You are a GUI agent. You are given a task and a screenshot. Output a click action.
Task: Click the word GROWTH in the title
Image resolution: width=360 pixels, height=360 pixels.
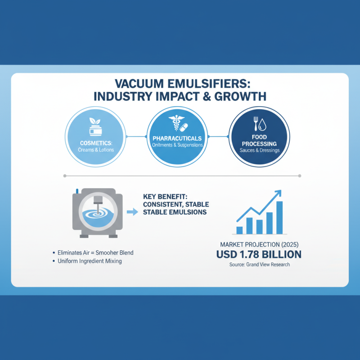click(x=240, y=96)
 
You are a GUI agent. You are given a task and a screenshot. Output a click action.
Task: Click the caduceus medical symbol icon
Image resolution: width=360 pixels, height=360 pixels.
click(x=174, y=123)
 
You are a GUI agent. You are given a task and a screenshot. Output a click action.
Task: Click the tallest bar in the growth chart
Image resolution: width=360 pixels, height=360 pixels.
click(x=279, y=218)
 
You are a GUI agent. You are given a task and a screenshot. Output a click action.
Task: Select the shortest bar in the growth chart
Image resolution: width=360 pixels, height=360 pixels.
click(x=239, y=230)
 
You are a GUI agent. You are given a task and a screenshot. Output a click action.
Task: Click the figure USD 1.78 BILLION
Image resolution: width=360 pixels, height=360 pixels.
click(x=258, y=255)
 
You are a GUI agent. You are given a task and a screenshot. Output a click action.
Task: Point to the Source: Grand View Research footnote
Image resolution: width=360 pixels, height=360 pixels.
click(x=258, y=265)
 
